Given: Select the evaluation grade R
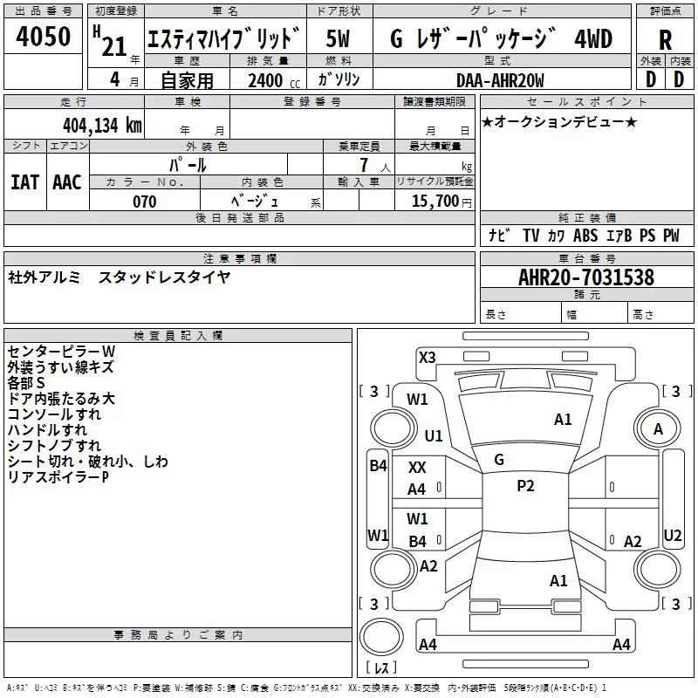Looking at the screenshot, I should coord(666,39).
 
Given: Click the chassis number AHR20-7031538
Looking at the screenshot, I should coord(586,277).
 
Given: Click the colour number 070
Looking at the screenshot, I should coord(145,202).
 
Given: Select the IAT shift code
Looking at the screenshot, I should coord(24,181).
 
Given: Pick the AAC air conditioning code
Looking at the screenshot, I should coord(67,181).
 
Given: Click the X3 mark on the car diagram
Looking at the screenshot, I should coord(428,357).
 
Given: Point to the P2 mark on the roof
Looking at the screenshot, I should coord(525,486).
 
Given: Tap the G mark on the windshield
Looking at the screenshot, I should coord(499,460).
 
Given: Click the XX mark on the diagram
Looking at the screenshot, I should coord(418,469).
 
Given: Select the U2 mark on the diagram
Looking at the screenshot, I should coord(673,535).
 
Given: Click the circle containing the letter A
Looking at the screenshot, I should coord(659,428).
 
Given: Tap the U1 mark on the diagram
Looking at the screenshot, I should coord(434,435).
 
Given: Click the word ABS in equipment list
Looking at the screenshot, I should coord(585,236).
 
